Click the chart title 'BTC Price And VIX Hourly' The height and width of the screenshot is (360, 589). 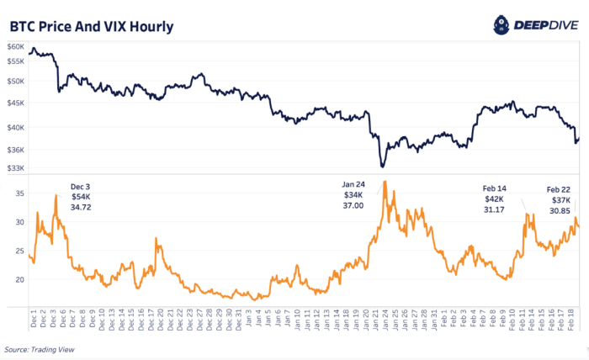92,26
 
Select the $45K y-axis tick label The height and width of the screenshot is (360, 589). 16,103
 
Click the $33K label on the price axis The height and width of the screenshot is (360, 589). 16,168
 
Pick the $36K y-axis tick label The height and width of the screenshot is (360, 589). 16,150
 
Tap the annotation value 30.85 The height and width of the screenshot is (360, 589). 560,210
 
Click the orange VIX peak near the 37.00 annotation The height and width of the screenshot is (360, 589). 384,181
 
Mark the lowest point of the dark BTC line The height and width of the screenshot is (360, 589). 382,167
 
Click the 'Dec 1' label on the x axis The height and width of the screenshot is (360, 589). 32,320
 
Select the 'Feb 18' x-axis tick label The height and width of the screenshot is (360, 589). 574,320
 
